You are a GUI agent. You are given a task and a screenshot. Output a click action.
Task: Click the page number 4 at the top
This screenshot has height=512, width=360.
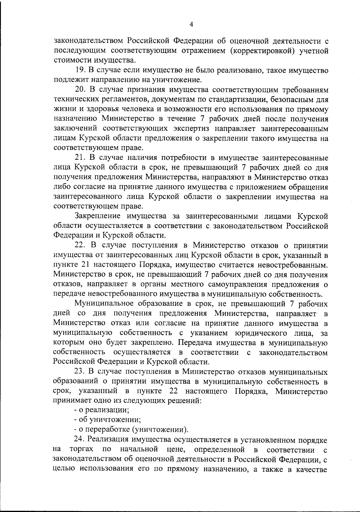(x=191, y=25)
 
